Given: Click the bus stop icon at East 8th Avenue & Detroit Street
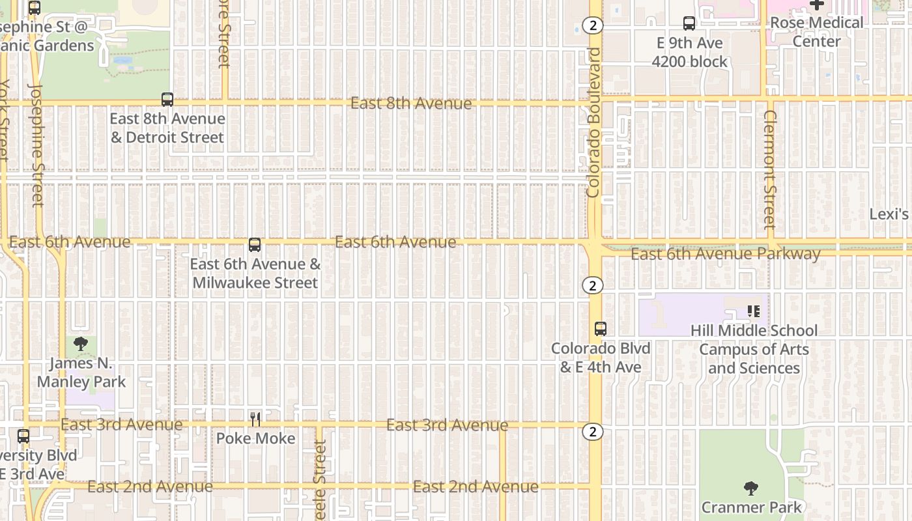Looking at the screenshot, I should (x=167, y=100).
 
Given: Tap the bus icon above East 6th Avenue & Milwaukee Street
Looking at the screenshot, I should (x=255, y=245).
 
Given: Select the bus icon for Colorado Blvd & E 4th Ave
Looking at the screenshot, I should (x=601, y=329).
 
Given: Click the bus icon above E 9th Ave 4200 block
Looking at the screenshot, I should (x=689, y=24).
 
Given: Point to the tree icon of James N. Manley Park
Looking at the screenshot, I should (x=81, y=344).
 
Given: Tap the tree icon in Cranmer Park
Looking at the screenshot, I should (x=751, y=488).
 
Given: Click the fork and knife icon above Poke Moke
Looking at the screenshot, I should (x=255, y=419).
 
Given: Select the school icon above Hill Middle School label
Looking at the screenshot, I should (x=754, y=311).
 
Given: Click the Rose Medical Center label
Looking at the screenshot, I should (x=816, y=32).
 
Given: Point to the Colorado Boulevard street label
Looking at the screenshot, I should (x=593, y=122).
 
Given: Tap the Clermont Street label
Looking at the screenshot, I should (x=770, y=169).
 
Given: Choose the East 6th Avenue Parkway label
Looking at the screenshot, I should (x=725, y=254).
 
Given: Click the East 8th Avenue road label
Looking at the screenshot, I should (x=410, y=104).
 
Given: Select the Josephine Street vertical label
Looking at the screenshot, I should (x=36, y=145).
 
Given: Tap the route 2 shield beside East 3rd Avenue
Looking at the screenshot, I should (x=592, y=432).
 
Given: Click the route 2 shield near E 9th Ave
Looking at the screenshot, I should (x=592, y=25).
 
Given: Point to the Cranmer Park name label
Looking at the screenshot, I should (x=751, y=507).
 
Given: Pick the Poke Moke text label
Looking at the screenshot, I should (x=255, y=438).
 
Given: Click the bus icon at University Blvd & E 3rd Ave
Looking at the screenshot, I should (x=23, y=436).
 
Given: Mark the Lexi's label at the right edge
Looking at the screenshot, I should (x=890, y=214).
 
